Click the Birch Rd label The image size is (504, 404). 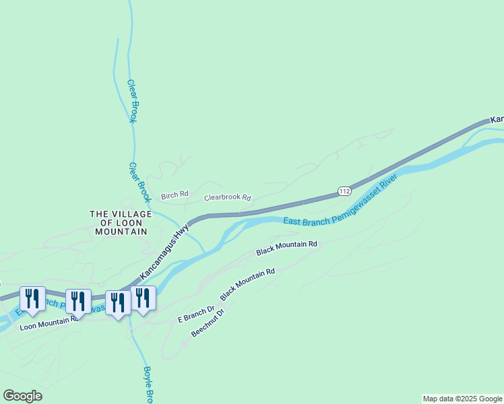pyautogui.click(x=175, y=196)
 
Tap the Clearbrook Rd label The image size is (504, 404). pyautogui.click(x=228, y=199)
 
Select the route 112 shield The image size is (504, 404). pyautogui.click(x=344, y=191)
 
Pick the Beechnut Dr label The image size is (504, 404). pyautogui.click(x=208, y=324)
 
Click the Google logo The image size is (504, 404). pyautogui.click(x=22, y=395)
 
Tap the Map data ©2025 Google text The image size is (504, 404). pyautogui.click(x=462, y=399)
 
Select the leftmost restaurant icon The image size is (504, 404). pyautogui.click(x=32, y=297)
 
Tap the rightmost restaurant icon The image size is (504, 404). pyautogui.click(x=143, y=297)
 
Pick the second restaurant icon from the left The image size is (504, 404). pyautogui.click(x=78, y=300)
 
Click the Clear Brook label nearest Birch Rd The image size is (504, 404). pyautogui.click(x=139, y=182)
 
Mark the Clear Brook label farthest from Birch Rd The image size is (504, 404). pyautogui.click(x=132, y=101)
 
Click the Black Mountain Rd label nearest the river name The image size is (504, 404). pyautogui.click(x=286, y=248)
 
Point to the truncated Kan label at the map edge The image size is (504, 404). pyautogui.click(x=497, y=119)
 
